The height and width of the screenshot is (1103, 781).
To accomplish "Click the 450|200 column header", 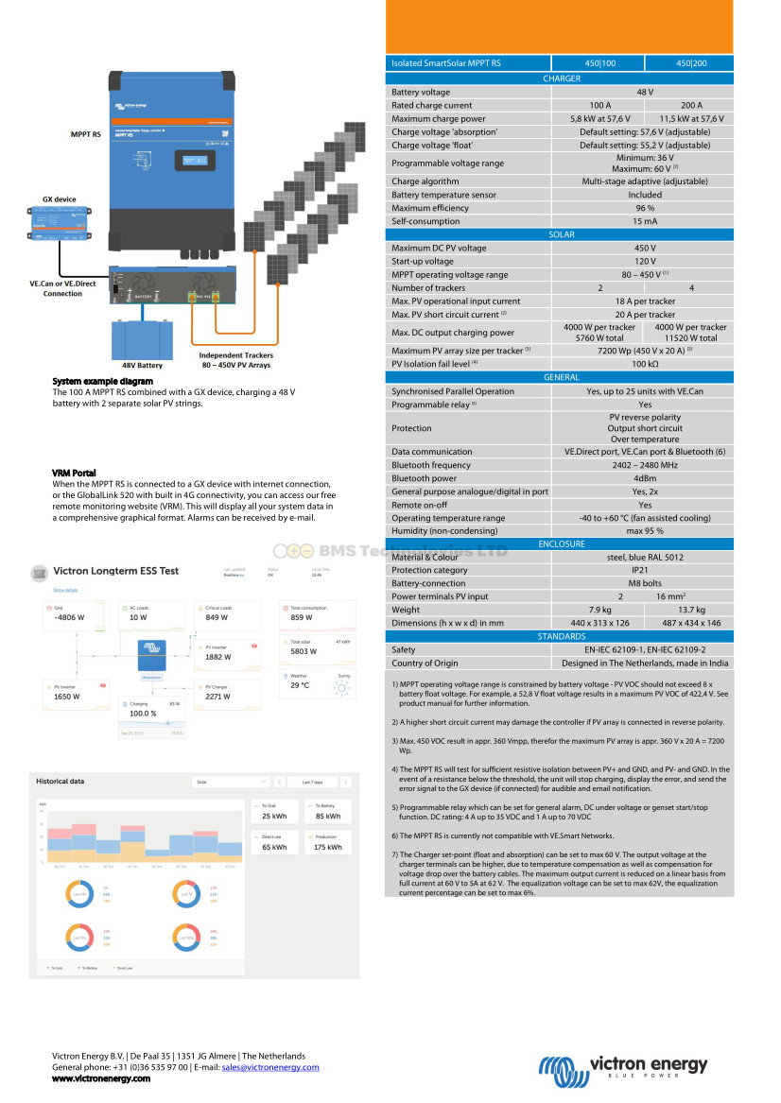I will pos(691,63).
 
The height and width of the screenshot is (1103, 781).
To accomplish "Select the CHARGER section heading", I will pos(561,78).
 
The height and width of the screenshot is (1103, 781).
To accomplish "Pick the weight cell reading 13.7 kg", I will pos(691,610).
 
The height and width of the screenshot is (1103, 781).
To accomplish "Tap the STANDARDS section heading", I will pos(561,637).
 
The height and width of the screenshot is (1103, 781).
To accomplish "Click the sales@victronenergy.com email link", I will pos(270,1067).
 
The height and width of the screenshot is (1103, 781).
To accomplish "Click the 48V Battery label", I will pos(142,365).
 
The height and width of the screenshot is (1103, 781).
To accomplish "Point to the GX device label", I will pos(59,199).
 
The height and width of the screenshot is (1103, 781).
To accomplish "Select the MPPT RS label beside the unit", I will pos(85,134).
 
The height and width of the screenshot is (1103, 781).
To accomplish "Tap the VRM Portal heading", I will pos(74,473).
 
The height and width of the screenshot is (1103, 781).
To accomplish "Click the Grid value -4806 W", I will pos(69,617).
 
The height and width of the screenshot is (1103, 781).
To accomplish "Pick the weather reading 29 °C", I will pos(300,685).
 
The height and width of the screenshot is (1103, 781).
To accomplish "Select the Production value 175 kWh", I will pos(328,847).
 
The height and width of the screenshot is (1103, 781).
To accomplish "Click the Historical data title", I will pos(60,782).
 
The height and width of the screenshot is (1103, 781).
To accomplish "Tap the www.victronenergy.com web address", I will pos(100,1078).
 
